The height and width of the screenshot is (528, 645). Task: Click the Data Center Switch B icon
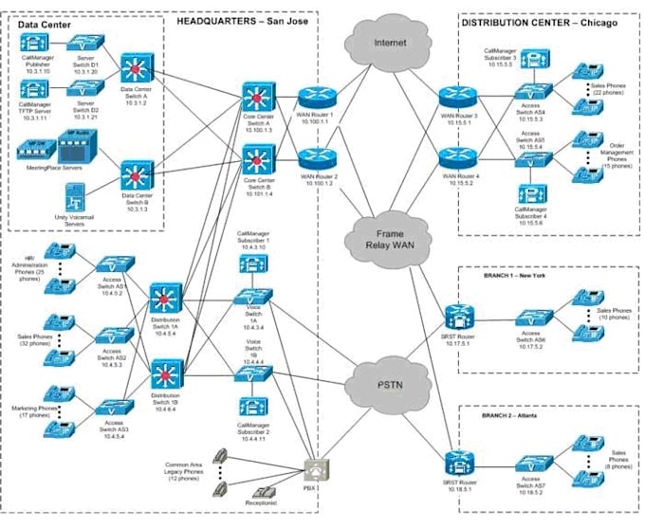(x=134, y=173)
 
